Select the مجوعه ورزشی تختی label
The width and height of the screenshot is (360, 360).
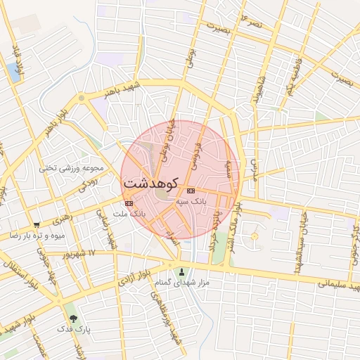(71, 167)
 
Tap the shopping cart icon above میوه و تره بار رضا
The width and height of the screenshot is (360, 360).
(37, 225)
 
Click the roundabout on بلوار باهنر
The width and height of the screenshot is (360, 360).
(82, 98)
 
